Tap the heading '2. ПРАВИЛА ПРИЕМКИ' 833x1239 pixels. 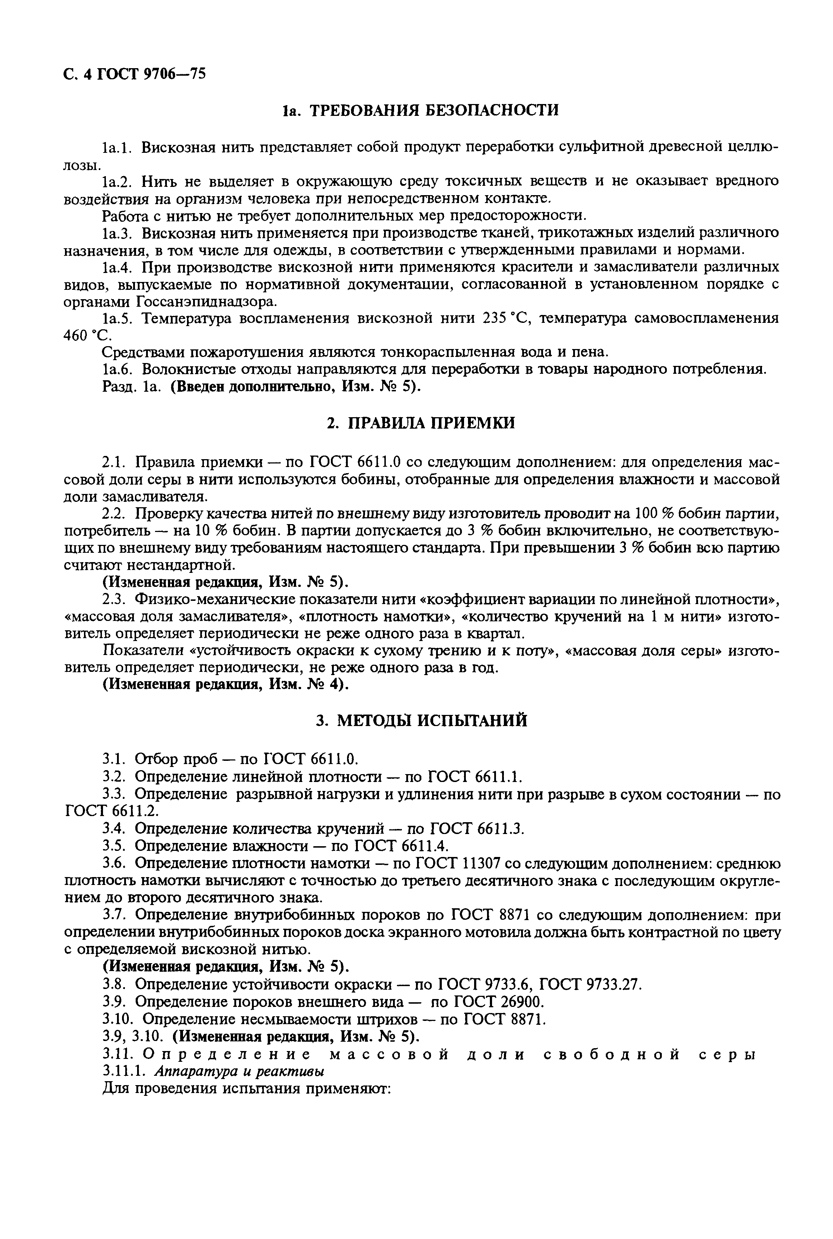click(420, 424)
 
